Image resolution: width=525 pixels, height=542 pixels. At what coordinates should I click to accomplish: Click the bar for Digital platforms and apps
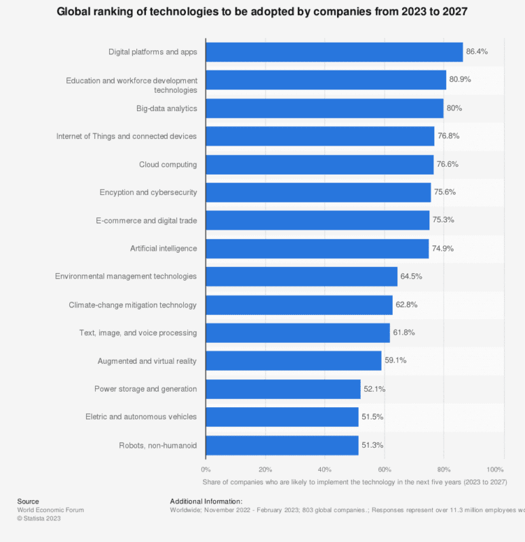pos(334,52)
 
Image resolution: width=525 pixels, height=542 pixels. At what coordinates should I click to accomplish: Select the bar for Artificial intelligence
pos(317,249)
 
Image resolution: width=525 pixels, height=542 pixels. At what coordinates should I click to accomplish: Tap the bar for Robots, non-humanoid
pos(281,445)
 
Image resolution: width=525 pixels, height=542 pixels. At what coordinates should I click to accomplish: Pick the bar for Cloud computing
pos(319,165)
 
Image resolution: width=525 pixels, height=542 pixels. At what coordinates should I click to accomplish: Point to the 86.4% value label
pos(477,51)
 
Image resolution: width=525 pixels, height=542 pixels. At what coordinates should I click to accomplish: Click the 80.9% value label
pos(460,79)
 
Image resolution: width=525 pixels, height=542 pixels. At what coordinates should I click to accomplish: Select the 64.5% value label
pos(412,276)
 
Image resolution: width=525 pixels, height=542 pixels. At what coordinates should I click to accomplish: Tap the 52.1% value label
pos(374,389)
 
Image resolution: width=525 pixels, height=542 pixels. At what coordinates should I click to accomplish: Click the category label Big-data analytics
pos(167,108)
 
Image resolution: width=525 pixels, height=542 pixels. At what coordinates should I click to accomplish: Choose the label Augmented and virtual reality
pos(147,361)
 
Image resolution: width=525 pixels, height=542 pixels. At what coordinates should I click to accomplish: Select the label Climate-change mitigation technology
pos(133,305)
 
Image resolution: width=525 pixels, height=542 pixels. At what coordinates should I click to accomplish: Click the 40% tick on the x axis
pos(325,470)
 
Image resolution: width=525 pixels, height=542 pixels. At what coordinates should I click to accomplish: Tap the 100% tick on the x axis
pos(495,470)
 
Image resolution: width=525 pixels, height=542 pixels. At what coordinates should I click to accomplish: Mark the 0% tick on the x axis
pos(206,470)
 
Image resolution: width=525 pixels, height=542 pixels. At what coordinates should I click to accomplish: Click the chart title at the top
pos(262,12)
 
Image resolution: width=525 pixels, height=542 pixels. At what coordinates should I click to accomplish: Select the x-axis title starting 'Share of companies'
pos(354,482)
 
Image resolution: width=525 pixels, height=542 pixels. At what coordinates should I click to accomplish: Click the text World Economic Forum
pos(50,510)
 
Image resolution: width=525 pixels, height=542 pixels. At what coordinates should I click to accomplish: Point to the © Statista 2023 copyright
pos(39,519)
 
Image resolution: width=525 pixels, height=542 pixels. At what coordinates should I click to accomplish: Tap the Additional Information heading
pos(201,501)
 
